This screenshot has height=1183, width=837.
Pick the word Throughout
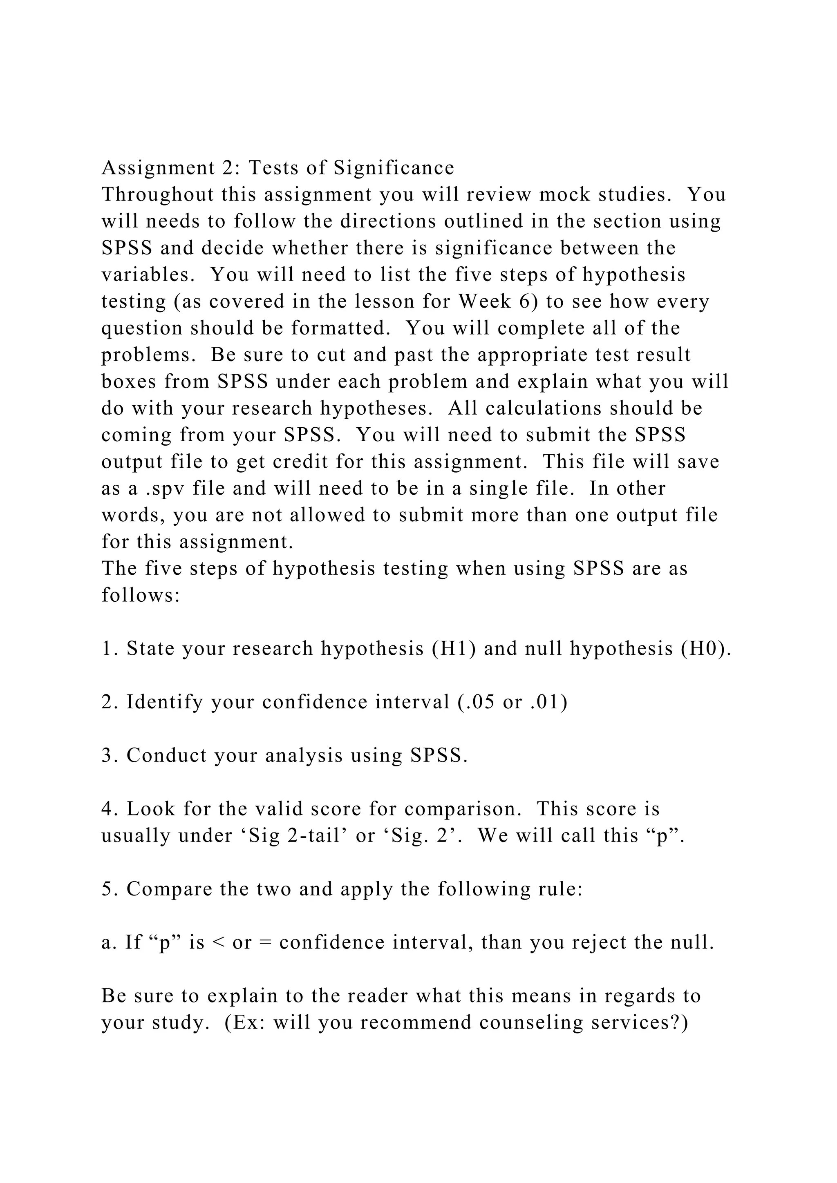pos(158,194)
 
